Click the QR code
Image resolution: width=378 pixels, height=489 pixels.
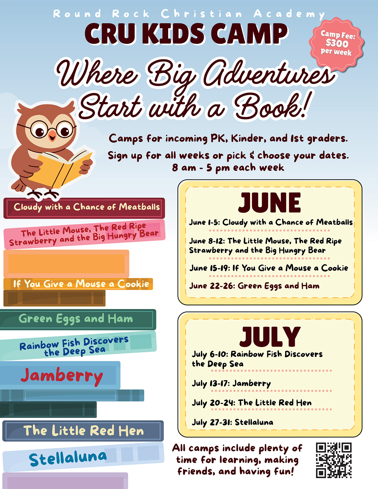click(334, 460)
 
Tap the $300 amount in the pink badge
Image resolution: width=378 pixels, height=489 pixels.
click(337, 43)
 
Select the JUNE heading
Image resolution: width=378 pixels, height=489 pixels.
click(270, 202)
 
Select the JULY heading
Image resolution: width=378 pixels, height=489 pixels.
click(270, 337)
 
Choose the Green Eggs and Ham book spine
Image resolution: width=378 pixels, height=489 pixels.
click(78, 319)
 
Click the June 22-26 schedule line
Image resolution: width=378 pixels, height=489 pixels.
click(254, 286)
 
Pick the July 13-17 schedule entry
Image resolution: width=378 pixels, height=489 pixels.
click(231, 383)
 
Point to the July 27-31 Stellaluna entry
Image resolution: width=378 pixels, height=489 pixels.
click(232, 422)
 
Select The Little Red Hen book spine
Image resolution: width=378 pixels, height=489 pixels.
click(83, 431)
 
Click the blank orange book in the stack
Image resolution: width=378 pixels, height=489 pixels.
click(66, 264)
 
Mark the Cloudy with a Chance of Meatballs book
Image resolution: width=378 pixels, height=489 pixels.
click(84, 208)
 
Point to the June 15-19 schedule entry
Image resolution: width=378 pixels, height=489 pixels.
click(269, 268)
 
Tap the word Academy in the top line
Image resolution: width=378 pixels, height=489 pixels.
click(289, 14)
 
